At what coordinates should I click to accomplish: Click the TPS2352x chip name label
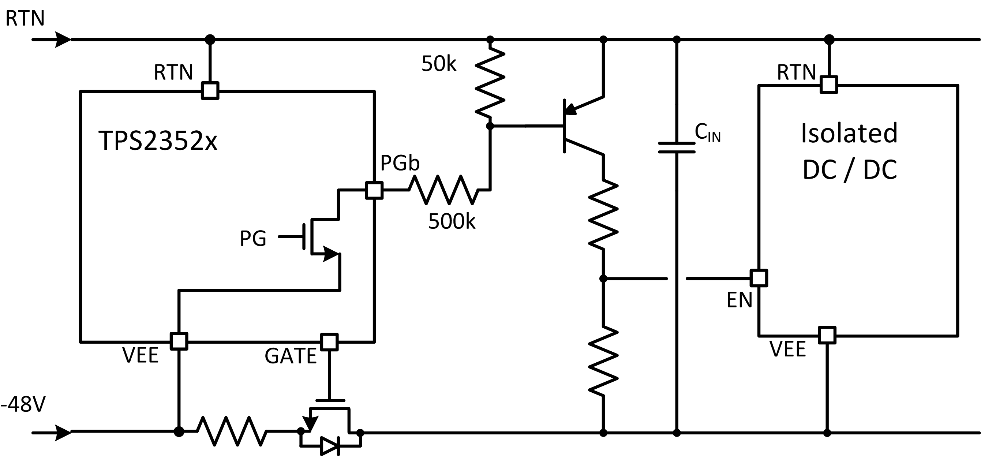pos(158,141)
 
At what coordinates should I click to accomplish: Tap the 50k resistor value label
pos(438,64)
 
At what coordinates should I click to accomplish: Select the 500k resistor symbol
pos(443,189)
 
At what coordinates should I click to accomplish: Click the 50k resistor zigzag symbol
pos(490,82)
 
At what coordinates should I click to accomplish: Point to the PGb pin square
pos(374,190)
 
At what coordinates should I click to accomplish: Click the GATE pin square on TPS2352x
pos(329,342)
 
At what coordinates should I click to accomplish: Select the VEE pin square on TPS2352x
pos(179,341)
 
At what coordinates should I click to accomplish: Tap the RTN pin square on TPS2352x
pos(210,91)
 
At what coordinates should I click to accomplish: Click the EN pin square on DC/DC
pos(759,278)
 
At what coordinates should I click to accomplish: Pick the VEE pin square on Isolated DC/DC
pos(827,335)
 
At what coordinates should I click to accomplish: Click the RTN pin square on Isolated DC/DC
pos(829,85)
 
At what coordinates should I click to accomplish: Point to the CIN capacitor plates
pos(677,148)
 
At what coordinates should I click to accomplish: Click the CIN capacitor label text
pos(707,133)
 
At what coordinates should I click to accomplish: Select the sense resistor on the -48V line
pos(231,431)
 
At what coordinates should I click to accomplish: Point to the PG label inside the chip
pos(253,239)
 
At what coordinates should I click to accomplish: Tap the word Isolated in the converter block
pos(849,133)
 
